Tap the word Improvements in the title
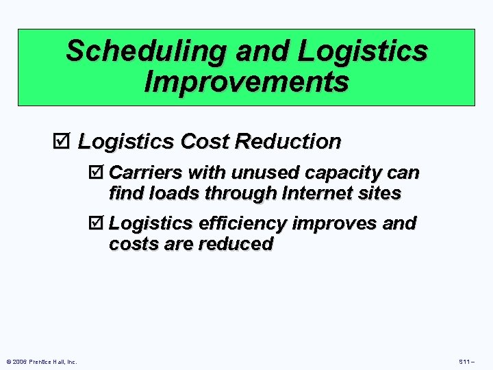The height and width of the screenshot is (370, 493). coord(246,82)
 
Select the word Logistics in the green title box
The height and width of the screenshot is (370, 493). coord(362,51)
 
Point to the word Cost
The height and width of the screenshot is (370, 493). coord(204,142)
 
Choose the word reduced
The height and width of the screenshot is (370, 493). coord(236,244)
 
